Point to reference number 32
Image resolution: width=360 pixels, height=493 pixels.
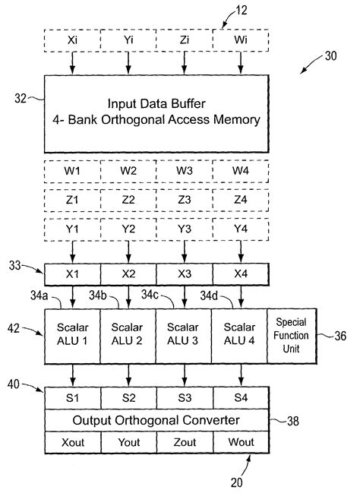pos(22,97)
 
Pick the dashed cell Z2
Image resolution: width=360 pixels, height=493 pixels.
pos(128,199)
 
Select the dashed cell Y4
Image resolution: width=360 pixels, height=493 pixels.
pos(242,229)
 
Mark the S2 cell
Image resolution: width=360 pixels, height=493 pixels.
pos(128,395)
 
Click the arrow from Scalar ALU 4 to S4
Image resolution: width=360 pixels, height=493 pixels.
pos(242,374)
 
